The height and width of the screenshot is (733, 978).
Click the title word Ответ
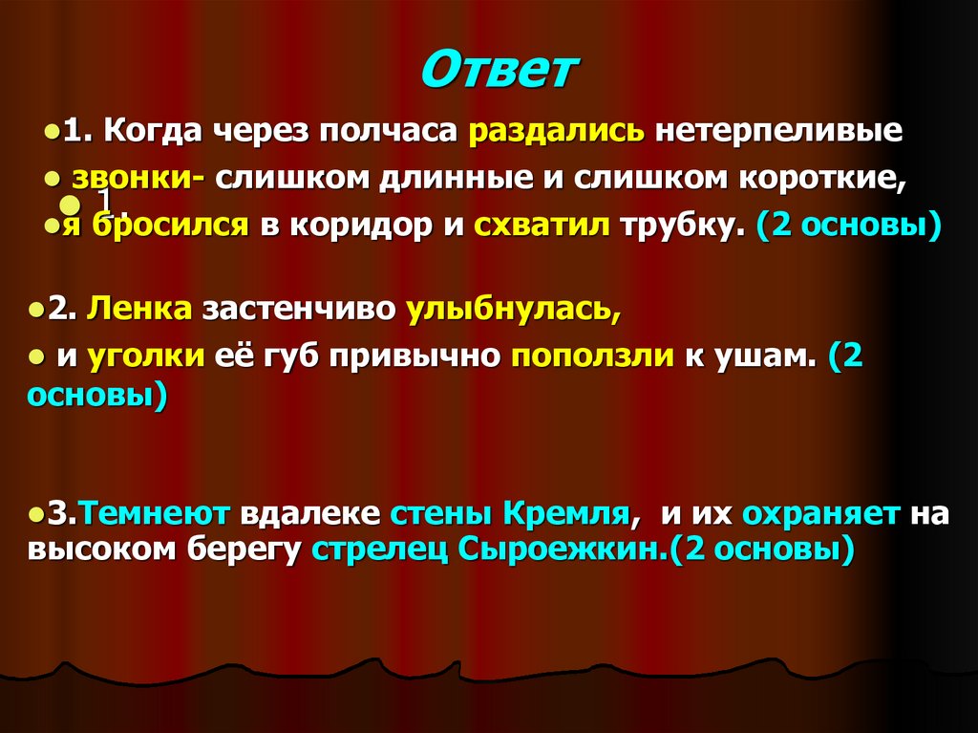[500, 73]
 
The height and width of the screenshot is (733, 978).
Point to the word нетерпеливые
[779, 131]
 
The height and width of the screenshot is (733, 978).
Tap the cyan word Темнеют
[155, 513]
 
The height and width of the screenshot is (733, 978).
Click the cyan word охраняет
[820, 513]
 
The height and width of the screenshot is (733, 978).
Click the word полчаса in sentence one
[389, 131]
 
